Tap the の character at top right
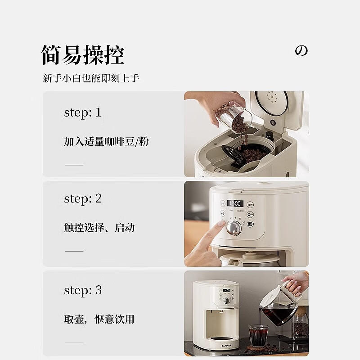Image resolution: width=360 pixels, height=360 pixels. pyautogui.click(x=301, y=51)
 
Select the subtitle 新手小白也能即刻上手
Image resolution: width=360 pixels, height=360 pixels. pyautogui.click(x=91, y=78)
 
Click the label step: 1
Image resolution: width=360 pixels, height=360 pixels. pyautogui.click(x=83, y=112)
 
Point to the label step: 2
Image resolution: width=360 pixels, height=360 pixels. pyautogui.click(x=83, y=198)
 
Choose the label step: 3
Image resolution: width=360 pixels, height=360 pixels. pyautogui.click(x=83, y=290)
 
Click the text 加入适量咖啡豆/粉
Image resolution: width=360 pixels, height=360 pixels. pyautogui.click(x=106, y=142)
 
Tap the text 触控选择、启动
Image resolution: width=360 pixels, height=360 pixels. pyautogui.click(x=99, y=228)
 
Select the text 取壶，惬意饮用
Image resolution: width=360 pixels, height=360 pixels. pyautogui.click(x=99, y=319)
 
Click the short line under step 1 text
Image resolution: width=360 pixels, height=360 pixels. pyautogui.click(x=74, y=165)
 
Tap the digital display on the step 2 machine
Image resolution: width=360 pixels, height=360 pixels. pyautogui.click(x=235, y=203)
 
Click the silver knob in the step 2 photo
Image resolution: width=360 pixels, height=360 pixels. pyautogui.click(x=234, y=228)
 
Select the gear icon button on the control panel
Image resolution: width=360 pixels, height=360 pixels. pyautogui.click(x=250, y=224)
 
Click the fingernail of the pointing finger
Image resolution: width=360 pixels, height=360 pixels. pyautogui.click(x=221, y=224)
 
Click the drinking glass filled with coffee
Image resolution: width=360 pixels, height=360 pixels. pyautogui.click(x=258, y=335)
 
